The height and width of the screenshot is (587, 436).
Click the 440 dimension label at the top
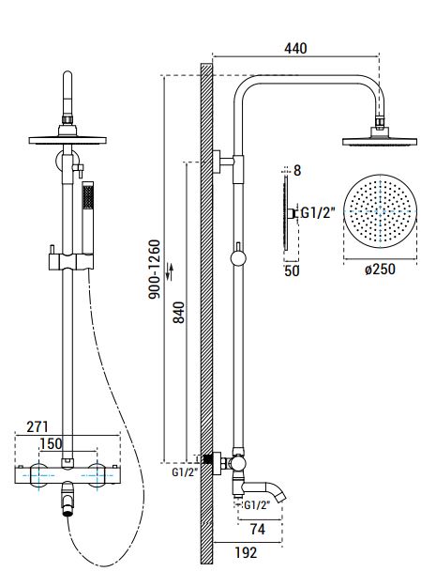(295, 48)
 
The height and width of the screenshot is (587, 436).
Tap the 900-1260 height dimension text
(155, 270)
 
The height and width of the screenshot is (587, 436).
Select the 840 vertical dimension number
(179, 312)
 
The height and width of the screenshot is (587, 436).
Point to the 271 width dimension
(38, 426)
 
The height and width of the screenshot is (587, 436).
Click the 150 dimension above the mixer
(51, 443)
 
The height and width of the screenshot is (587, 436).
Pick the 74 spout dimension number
(258, 529)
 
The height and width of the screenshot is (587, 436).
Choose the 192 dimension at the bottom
(246, 552)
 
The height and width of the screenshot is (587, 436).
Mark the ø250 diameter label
(380, 269)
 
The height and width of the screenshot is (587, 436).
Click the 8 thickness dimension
(297, 170)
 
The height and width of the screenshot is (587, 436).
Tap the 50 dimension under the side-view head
(292, 270)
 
